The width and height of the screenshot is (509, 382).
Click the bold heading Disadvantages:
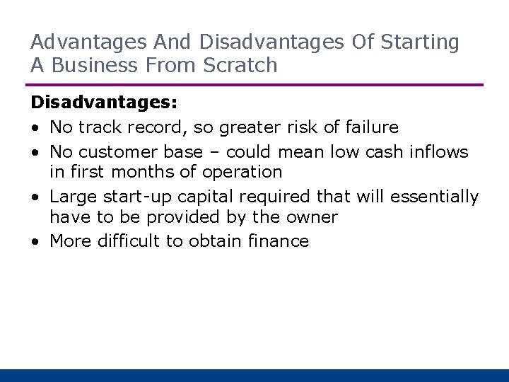(104, 103)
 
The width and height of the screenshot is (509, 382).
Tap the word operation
(244, 172)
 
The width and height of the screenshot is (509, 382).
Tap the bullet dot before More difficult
(35, 242)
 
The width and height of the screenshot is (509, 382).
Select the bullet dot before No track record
(35, 127)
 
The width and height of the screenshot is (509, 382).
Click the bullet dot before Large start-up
(35, 197)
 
